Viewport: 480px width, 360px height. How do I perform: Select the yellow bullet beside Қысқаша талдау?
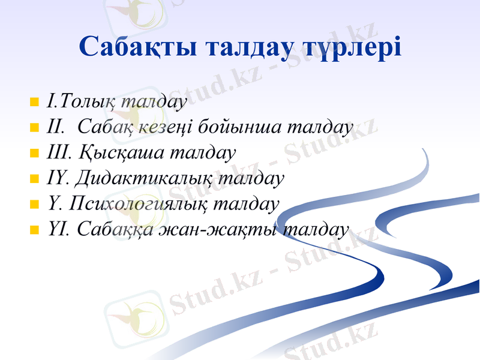click(x=34, y=153)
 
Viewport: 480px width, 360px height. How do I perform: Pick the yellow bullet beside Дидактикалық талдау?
click(x=34, y=179)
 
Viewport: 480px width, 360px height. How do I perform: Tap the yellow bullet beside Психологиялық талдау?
click(x=34, y=205)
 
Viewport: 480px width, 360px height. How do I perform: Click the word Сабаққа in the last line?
click(x=111, y=230)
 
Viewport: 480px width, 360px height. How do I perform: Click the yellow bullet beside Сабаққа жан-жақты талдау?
click(x=34, y=230)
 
